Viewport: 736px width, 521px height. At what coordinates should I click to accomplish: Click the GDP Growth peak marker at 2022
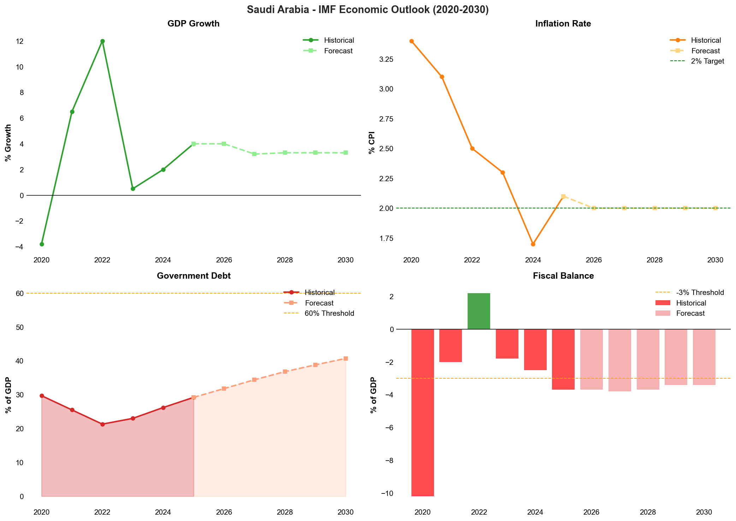click(x=102, y=41)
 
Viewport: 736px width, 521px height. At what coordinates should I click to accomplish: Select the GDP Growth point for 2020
click(x=42, y=244)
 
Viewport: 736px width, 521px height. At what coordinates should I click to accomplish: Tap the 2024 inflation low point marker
click(x=533, y=244)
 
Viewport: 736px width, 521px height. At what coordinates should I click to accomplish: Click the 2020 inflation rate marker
click(x=411, y=41)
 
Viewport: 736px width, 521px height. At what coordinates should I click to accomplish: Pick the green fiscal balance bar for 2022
click(x=479, y=311)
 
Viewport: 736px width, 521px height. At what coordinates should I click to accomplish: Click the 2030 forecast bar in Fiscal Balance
click(x=704, y=357)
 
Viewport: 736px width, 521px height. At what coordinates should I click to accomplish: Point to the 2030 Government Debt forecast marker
click(x=346, y=359)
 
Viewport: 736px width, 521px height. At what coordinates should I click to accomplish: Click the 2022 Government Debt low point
click(x=102, y=424)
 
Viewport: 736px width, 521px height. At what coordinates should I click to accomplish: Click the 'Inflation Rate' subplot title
click(x=563, y=24)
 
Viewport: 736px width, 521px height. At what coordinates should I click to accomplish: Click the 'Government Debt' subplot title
click(x=194, y=276)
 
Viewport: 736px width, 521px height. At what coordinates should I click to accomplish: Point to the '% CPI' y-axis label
click(x=372, y=143)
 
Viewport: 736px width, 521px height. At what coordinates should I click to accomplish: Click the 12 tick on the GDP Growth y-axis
click(x=20, y=41)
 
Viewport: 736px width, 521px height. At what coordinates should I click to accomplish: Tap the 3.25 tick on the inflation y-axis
click(x=386, y=59)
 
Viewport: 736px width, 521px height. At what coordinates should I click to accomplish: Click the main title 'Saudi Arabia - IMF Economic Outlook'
click(x=368, y=10)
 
